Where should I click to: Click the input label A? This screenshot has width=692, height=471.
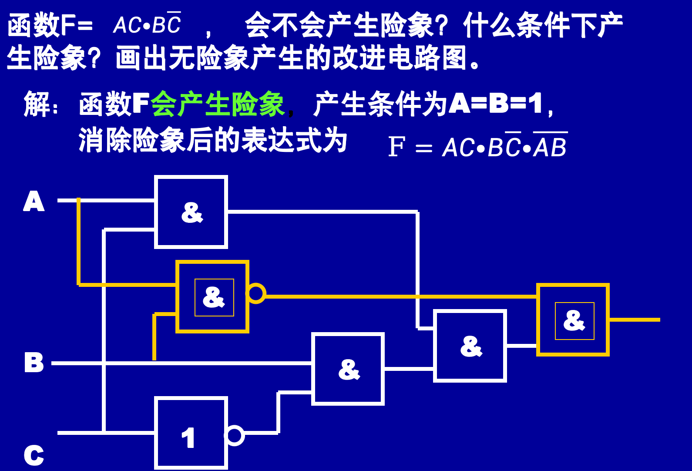point(34,201)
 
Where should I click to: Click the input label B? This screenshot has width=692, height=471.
point(34,362)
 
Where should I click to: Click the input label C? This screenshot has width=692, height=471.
point(34,455)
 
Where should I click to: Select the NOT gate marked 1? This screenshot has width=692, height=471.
point(191,433)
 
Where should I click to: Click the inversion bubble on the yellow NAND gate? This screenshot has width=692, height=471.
point(256,293)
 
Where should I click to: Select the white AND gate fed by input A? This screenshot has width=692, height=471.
point(191,212)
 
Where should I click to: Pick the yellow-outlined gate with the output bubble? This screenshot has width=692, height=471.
point(212,297)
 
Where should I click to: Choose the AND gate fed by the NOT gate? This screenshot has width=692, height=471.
point(348,369)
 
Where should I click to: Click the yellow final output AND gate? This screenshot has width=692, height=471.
point(573,320)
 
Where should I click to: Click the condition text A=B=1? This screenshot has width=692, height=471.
point(496,104)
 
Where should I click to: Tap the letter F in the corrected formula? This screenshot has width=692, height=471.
point(396,147)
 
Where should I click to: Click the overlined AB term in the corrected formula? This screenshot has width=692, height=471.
point(550,147)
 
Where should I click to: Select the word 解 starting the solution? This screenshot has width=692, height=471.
point(37,104)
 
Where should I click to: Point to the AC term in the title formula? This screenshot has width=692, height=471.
point(127,25)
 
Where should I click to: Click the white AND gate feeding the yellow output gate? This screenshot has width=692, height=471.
point(470,346)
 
